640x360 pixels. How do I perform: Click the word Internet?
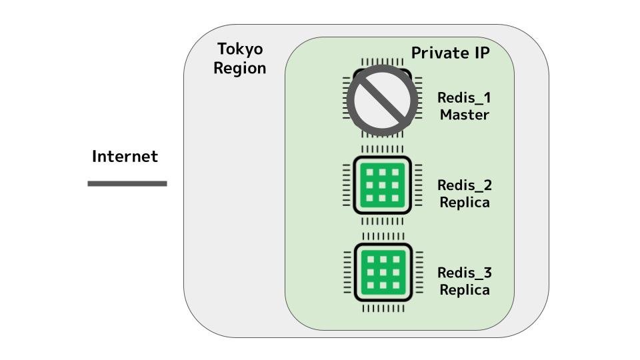coord(125,157)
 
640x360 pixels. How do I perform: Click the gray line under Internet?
coord(127,183)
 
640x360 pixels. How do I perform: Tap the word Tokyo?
coord(240,49)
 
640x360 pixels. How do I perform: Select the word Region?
coord(240,68)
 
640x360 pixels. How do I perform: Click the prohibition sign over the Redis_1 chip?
coord(383,99)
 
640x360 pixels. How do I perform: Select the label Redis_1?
coord(464,97)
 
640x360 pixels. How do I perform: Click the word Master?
coord(464,115)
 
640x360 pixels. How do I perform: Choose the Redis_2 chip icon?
coord(382,185)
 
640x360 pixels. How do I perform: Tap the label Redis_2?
coord(464,185)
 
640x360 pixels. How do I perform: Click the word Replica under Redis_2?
coord(464,202)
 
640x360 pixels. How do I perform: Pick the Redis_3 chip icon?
coord(382,273)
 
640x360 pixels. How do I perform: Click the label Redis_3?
coord(464,272)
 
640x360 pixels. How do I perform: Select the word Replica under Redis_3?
coord(464,290)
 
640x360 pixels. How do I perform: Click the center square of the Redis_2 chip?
coord(383,185)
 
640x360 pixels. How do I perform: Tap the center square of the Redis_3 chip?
coord(383,273)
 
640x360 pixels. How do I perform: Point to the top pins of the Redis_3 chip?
coord(382,237)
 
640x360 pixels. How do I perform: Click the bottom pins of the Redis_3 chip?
coord(382,309)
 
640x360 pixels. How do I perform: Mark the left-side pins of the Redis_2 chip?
coord(347,185)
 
